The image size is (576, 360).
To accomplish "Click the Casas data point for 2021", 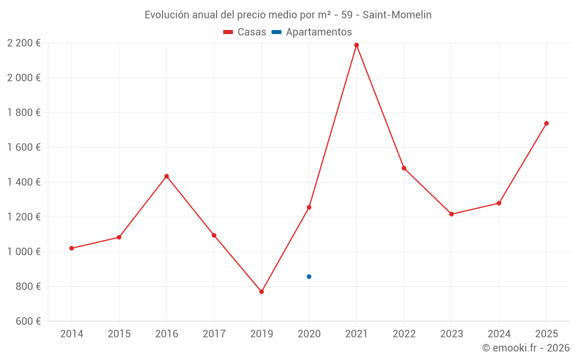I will (357, 45).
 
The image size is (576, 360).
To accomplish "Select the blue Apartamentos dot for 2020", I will (309, 276).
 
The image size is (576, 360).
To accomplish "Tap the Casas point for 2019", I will (262, 292).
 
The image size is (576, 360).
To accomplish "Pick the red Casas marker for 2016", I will (166, 176).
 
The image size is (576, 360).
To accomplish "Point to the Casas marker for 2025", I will (547, 123).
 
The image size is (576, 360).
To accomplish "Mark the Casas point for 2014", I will (71, 248).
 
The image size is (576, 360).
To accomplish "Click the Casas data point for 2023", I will (452, 214).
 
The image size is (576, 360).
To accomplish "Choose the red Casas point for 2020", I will (309, 207).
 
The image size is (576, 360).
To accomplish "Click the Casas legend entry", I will (245, 32).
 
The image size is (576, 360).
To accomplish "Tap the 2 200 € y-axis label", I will (24, 43).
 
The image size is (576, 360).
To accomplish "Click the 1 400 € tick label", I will (24, 182).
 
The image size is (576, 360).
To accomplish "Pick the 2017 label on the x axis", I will (214, 334).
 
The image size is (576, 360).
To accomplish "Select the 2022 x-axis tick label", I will (404, 334).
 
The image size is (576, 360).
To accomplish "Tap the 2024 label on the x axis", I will (499, 334).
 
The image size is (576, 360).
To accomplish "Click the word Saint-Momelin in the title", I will (397, 15).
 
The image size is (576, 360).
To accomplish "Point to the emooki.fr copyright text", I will (526, 348).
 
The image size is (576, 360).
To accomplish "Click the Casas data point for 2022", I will (404, 168).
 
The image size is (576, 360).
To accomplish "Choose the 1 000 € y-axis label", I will (24, 252).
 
